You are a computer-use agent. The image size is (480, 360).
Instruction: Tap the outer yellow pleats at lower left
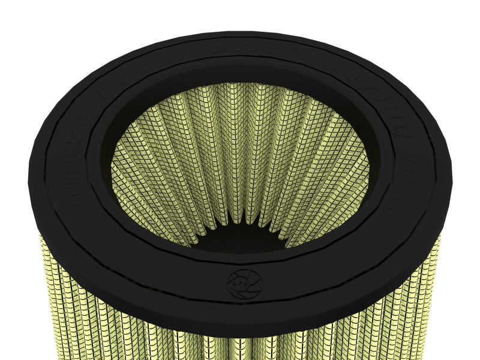tap(78, 306)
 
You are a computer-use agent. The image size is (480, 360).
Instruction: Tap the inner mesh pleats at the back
tap(240, 120)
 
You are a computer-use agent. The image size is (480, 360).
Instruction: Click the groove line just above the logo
tap(244, 262)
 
